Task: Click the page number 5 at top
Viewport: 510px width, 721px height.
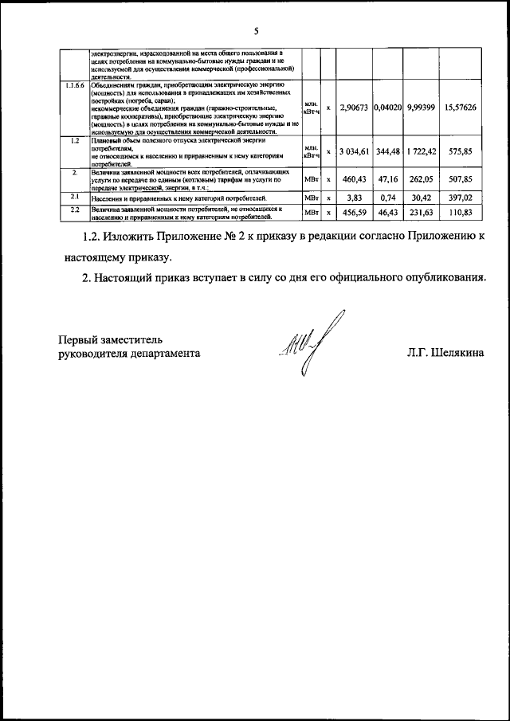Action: (x=255, y=31)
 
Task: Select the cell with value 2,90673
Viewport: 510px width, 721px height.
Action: (x=353, y=107)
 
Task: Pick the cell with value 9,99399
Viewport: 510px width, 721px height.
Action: (x=420, y=107)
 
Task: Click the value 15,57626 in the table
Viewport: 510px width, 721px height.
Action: (x=460, y=107)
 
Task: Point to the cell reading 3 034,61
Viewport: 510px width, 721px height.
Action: (x=353, y=151)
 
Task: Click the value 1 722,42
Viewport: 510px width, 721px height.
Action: (x=420, y=151)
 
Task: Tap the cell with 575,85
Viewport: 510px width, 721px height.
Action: (x=460, y=151)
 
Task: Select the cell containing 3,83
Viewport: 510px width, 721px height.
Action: (x=353, y=197)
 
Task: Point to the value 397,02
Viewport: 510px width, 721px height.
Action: (x=460, y=197)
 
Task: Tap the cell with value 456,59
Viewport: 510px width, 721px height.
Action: (x=353, y=212)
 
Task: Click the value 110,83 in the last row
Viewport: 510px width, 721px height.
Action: (x=460, y=212)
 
